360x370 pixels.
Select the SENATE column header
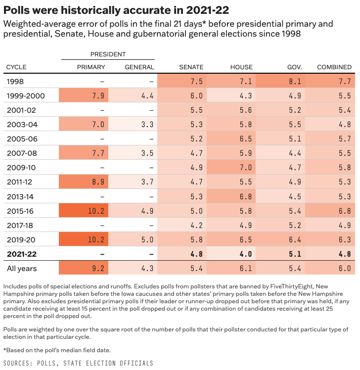[x=191, y=67]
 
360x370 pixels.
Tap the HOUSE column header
[x=241, y=67]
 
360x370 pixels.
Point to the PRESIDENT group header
[x=108, y=54]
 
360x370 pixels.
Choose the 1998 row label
[x=15, y=82]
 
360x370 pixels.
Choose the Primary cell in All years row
[x=83, y=269]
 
